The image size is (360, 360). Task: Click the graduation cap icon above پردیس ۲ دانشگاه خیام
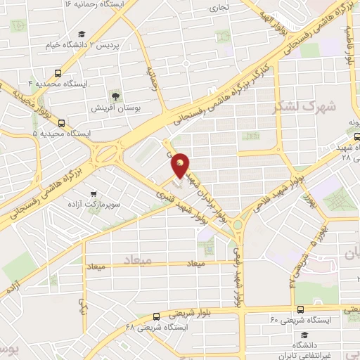(82, 34)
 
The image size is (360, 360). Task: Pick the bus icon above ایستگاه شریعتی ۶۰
(300, 309)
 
